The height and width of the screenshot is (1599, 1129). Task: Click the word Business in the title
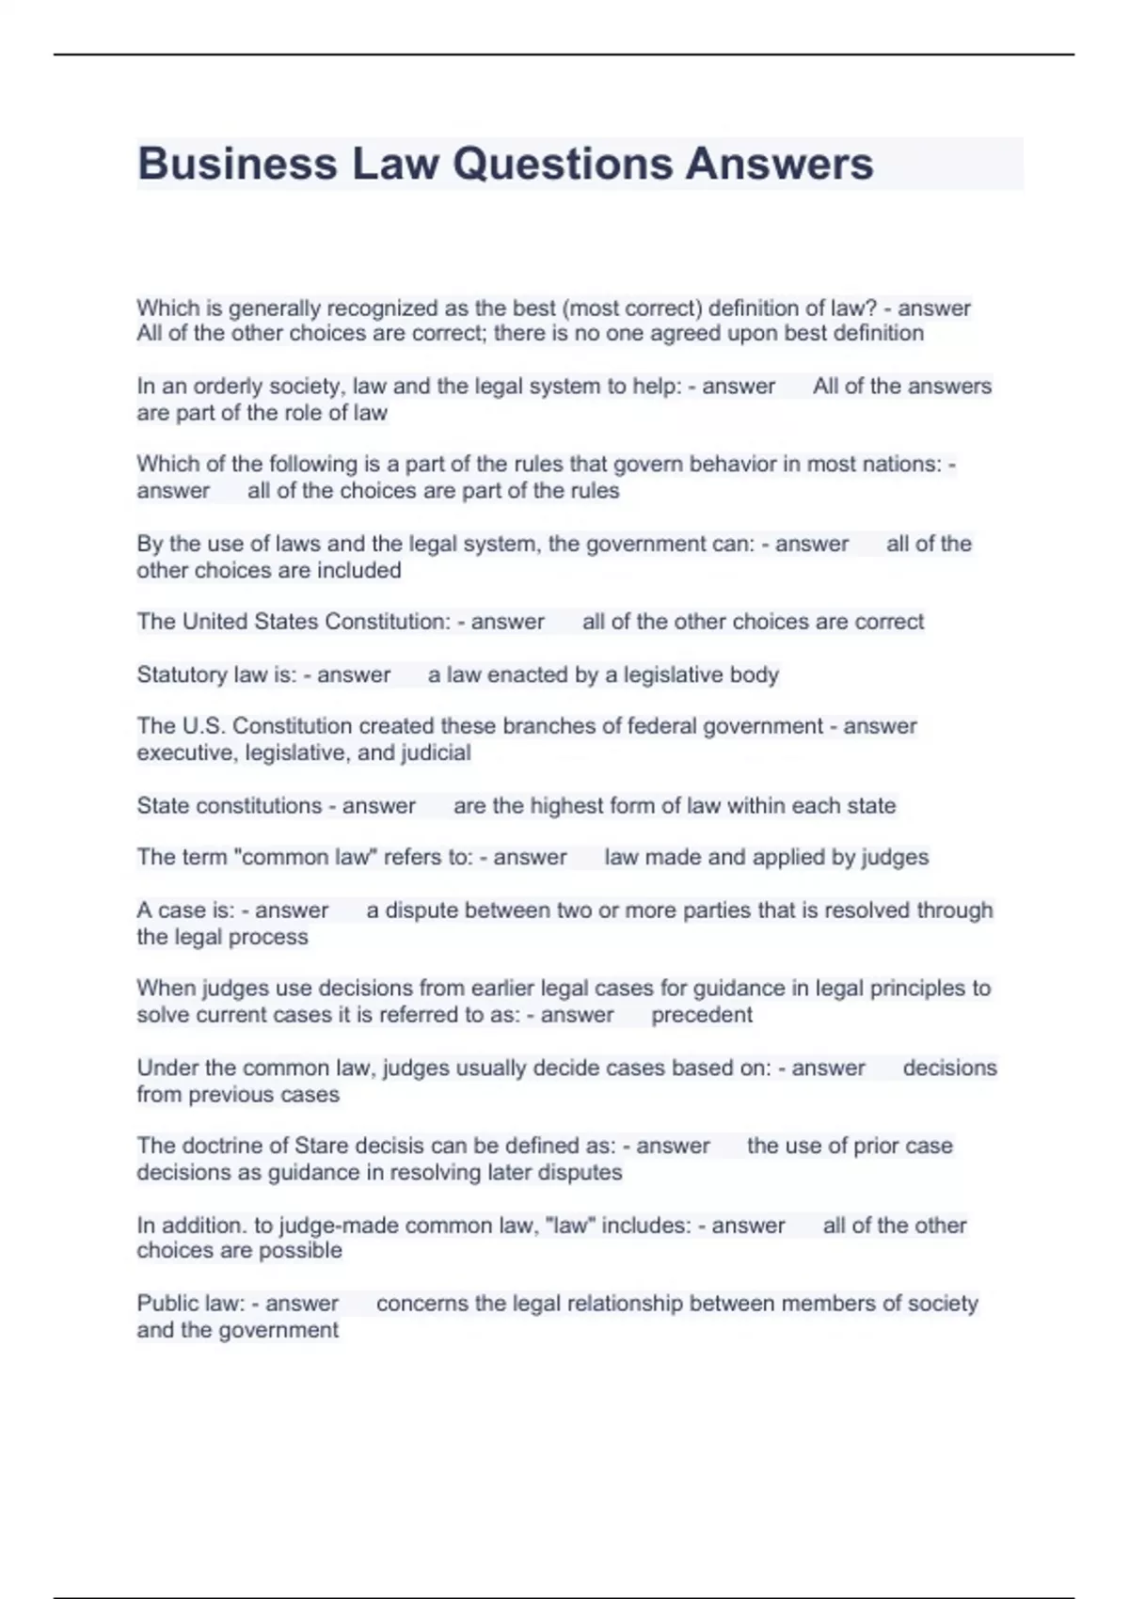click(237, 164)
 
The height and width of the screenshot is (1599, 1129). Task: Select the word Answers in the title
click(779, 164)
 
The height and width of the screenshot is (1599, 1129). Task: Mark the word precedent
click(702, 1016)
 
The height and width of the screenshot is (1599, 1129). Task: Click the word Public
click(163, 1304)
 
